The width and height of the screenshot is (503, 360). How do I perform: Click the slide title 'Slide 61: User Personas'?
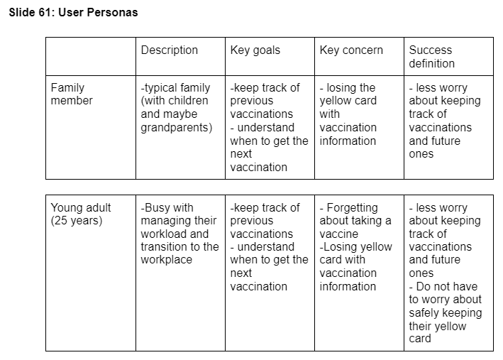pyautogui.click(x=73, y=13)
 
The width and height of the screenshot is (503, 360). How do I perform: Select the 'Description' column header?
pyautogui.click(x=169, y=50)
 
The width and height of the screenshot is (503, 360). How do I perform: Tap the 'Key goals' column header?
pyautogui.click(x=255, y=50)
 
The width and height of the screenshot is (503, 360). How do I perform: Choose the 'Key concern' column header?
pyautogui.click(x=350, y=50)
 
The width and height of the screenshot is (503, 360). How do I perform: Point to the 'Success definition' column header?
pyautogui.click(x=430, y=57)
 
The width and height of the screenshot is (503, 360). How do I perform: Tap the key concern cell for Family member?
pyautogui.click(x=348, y=114)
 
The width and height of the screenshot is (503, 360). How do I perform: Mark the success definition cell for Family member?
pyautogui.click(x=444, y=121)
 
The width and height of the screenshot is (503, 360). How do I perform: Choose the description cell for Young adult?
pyautogui.click(x=179, y=234)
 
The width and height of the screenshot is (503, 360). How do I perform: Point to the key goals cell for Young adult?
pyautogui.click(x=265, y=247)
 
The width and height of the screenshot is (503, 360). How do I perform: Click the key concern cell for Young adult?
pyautogui.click(x=355, y=247)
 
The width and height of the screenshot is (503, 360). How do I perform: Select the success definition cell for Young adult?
pyautogui.click(x=445, y=273)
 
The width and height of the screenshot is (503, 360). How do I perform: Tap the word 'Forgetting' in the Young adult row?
pyautogui.click(x=352, y=208)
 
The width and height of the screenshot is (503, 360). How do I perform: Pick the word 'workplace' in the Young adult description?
pyautogui.click(x=167, y=260)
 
